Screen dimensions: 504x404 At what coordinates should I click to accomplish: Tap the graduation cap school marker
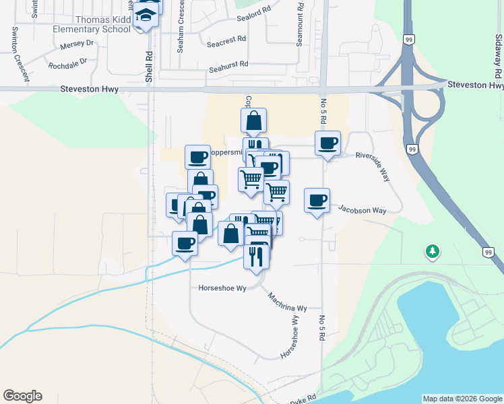146,15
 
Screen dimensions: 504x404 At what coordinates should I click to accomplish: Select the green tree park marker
432,252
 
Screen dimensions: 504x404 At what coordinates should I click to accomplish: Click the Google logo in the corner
22,396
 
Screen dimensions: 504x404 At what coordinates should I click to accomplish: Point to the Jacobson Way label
362,211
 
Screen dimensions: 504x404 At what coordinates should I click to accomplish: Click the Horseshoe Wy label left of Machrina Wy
220,288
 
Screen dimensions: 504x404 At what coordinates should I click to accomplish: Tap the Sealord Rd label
253,12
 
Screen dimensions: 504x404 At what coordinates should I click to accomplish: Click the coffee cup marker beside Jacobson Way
317,200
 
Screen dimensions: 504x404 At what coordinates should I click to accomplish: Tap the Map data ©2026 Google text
462,399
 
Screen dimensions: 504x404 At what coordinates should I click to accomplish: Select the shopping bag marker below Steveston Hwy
253,121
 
